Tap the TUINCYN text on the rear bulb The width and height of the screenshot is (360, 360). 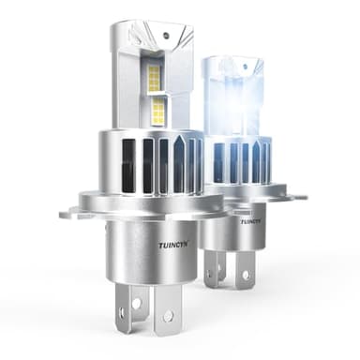[x=250, y=221]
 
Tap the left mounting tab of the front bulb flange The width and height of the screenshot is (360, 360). [x=70, y=211]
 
